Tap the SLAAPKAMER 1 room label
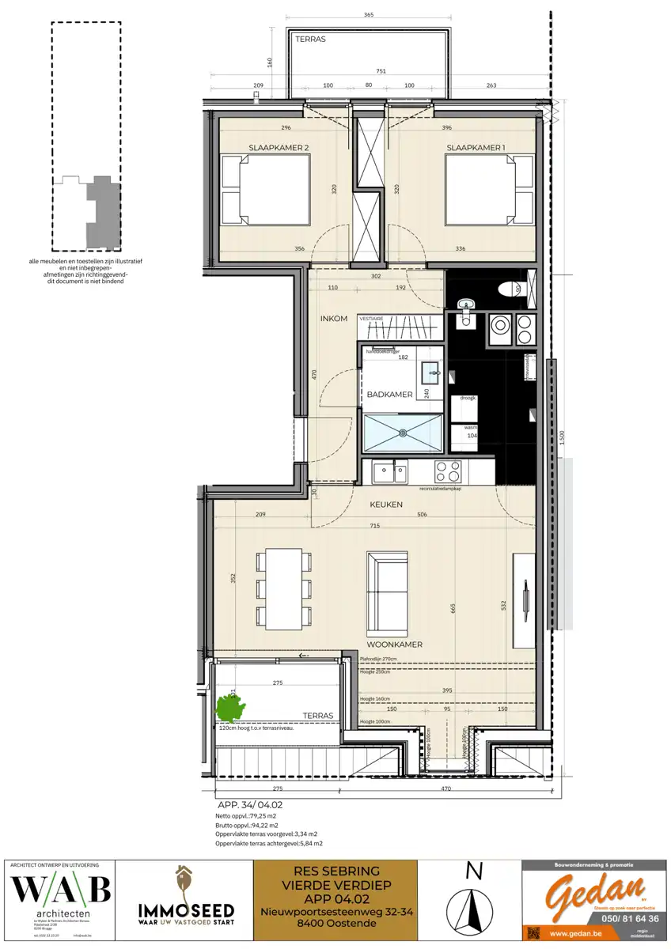(x=475, y=148)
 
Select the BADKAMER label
(x=389, y=394)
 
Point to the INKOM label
(x=334, y=319)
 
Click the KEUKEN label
(x=386, y=504)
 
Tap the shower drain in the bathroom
(x=402, y=433)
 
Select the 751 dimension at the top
(x=381, y=71)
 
